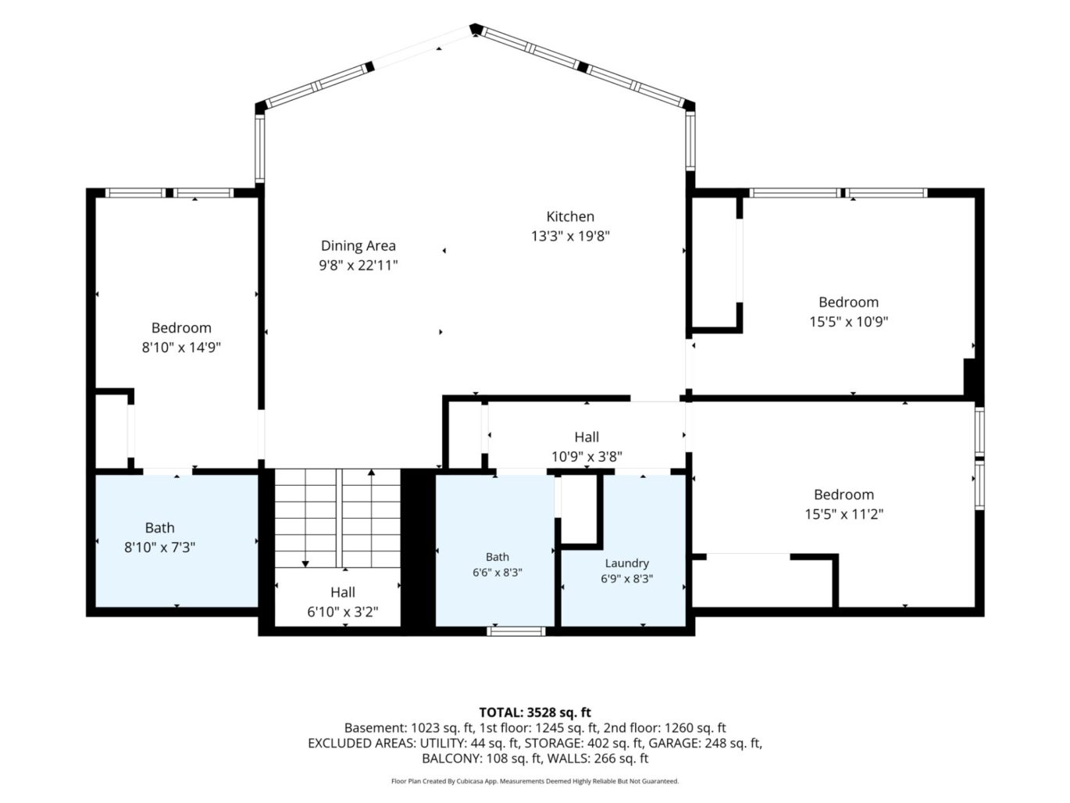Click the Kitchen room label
[x=570, y=216]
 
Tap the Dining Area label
[x=358, y=245]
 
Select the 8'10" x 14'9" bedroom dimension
[x=181, y=348]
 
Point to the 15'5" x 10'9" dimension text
[x=849, y=322]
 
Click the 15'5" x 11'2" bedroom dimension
[x=844, y=514]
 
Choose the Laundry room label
[x=627, y=563]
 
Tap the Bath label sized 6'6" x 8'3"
[x=498, y=557]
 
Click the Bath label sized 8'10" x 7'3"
[x=159, y=527]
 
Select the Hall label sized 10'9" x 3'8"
[x=587, y=437]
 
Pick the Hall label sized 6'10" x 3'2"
[x=343, y=592]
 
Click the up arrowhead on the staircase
[x=372, y=472]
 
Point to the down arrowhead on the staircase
[x=305, y=564]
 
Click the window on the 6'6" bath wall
[x=516, y=631]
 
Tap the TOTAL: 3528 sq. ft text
[x=535, y=713]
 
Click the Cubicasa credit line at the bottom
[x=535, y=781]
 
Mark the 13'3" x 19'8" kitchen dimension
[x=570, y=237]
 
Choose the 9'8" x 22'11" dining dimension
[x=358, y=266]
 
